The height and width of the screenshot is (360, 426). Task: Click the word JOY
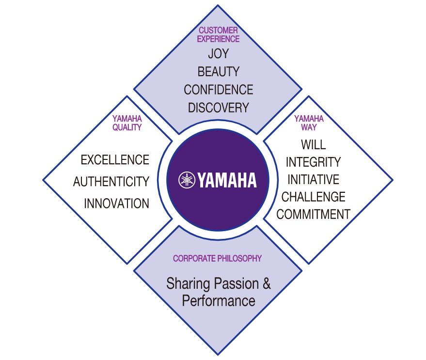pos(218,53)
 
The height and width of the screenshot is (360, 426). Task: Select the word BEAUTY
pos(218,72)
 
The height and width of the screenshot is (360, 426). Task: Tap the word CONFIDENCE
pos(218,90)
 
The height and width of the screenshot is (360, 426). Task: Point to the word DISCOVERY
pos(218,107)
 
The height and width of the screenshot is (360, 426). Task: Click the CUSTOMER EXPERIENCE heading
pos(219,35)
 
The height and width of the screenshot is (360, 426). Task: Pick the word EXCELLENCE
pos(115,159)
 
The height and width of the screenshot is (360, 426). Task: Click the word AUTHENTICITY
pos(111,182)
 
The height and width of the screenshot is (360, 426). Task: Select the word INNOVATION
pos(116,203)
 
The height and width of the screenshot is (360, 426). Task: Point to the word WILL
pos(313,144)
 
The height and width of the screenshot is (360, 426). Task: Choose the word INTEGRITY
pos(313,161)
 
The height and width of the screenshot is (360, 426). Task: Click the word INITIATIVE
pos(313,179)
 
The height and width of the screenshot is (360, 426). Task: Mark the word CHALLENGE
pos(313,197)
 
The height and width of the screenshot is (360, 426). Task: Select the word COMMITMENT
pos(313,214)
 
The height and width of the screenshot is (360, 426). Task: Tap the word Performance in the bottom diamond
pos(218,300)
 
